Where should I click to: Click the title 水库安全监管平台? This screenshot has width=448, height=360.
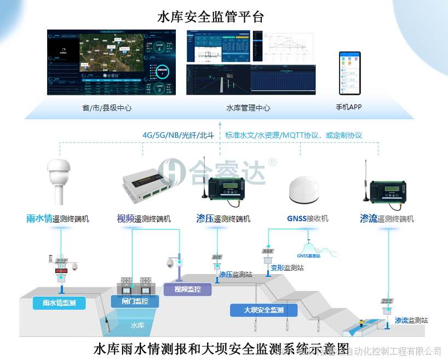[x=210, y=17]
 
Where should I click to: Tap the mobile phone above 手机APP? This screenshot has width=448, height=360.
[x=349, y=73]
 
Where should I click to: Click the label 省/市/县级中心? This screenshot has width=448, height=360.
[x=107, y=108]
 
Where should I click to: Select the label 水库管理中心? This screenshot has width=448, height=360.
[x=248, y=108]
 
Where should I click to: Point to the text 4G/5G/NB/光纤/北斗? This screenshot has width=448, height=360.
[x=178, y=135]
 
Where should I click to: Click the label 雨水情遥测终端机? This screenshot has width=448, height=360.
[x=58, y=219]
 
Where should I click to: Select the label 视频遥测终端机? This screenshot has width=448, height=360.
[x=143, y=219]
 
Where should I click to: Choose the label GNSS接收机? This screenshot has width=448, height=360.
[x=307, y=218]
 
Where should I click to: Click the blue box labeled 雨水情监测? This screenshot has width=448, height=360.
[x=59, y=303]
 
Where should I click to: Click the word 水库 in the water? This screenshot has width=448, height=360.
[x=137, y=325]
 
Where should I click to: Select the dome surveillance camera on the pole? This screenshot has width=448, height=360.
[x=170, y=263]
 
